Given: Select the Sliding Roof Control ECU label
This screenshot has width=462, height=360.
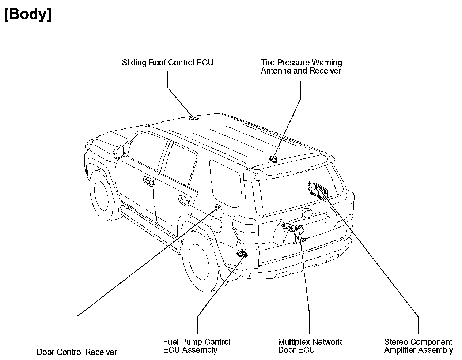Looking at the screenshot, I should pos(167,63).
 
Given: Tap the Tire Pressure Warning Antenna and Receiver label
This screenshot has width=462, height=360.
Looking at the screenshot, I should pos(301,67).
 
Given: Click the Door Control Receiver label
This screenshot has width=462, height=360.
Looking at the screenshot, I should pos(77,352).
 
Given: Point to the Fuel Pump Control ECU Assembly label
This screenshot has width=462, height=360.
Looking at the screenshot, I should pos(197,346).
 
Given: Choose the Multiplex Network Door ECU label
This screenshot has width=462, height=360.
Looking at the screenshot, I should pos(310,346).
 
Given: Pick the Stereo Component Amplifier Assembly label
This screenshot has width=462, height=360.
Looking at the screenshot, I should pos(418,346).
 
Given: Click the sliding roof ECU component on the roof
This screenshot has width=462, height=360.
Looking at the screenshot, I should pos(193,118).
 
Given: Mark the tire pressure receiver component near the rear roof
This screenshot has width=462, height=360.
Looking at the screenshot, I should pos(273,158).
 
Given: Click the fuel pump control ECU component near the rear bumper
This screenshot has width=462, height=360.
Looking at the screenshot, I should pos(241,253).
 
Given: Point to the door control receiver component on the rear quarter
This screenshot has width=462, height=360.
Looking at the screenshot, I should pos(218,207).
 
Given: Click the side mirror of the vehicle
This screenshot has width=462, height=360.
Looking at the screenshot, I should pos(120,151).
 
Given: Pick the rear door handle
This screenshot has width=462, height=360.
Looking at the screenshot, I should pos(184,200).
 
